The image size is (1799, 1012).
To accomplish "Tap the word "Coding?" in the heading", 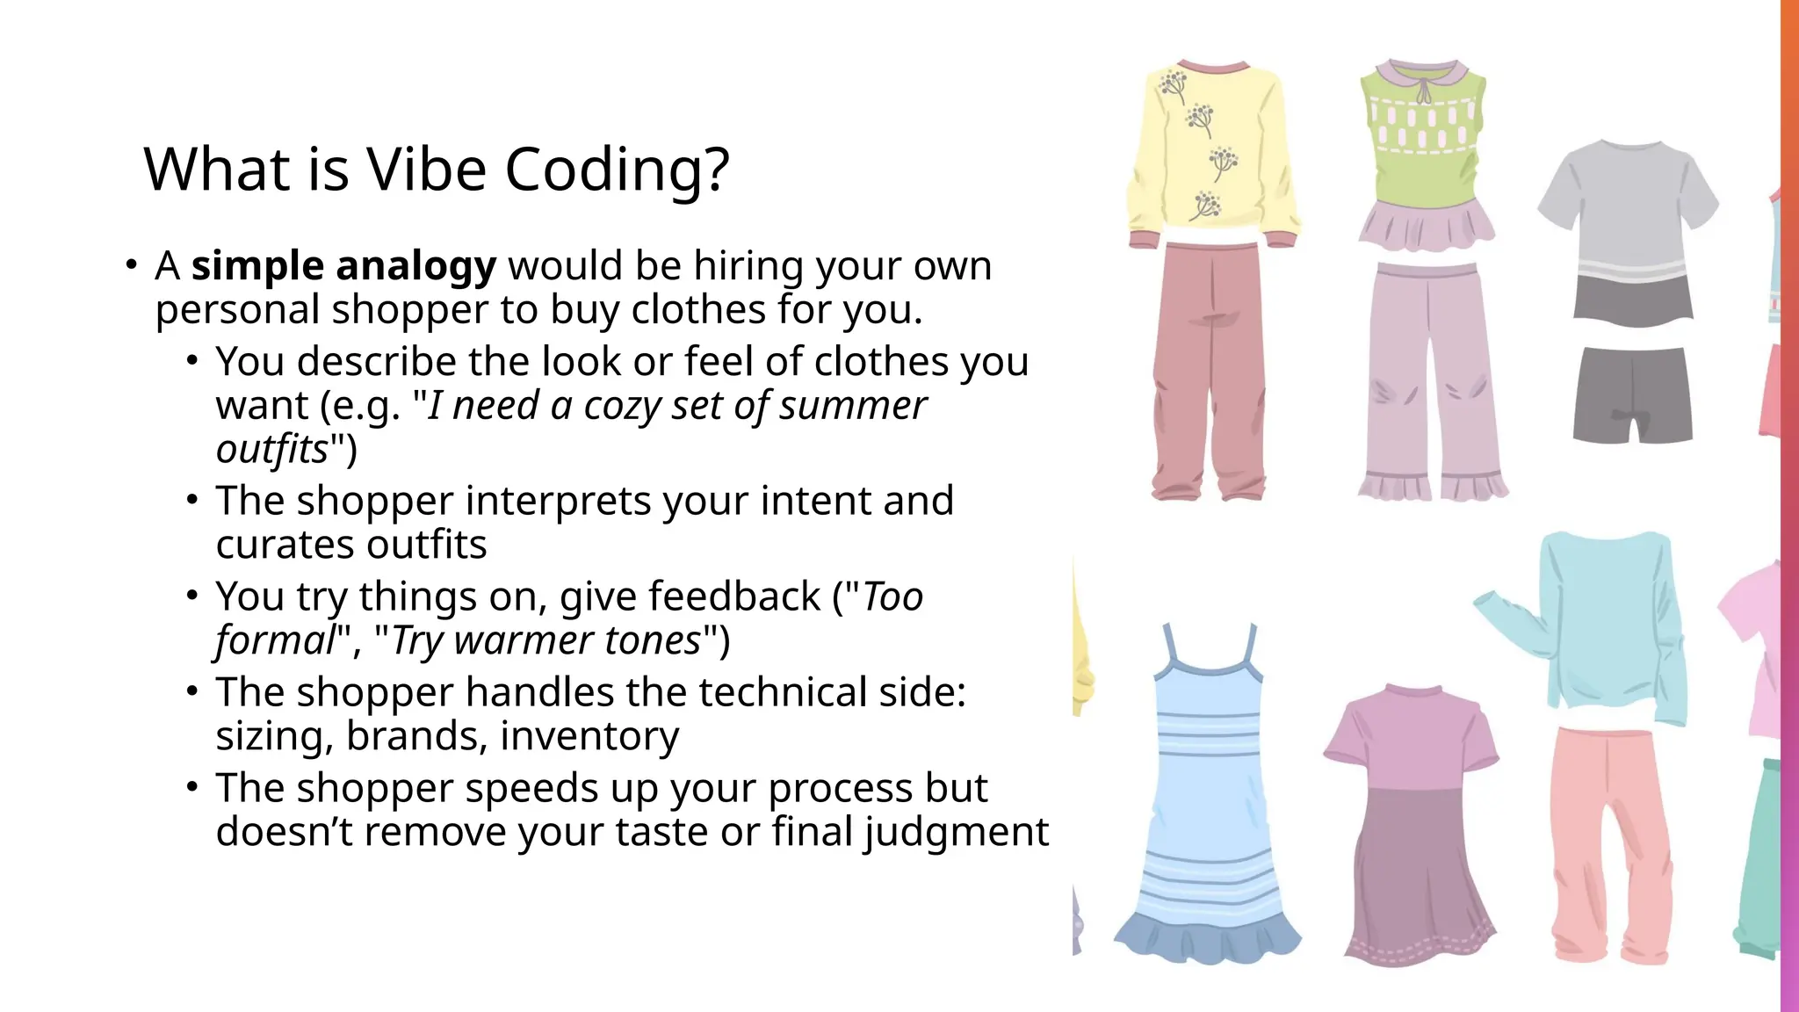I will (617, 170).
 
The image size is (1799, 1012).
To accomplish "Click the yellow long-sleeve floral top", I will (1213, 149).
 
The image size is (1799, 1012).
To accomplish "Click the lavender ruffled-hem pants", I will (1432, 378).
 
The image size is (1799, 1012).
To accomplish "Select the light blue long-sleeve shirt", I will (1608, 624).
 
